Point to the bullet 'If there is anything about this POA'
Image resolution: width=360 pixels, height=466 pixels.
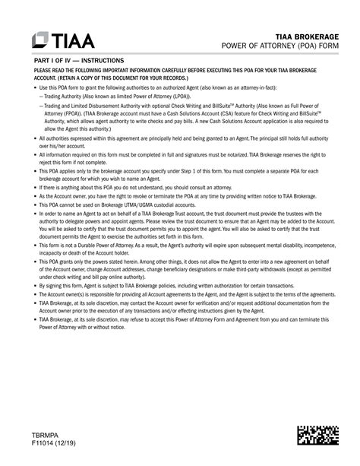[122, 186]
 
